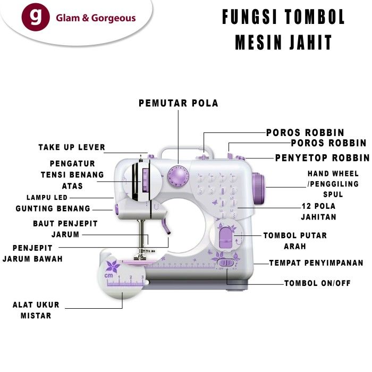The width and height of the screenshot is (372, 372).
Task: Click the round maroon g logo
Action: tap(36, 18)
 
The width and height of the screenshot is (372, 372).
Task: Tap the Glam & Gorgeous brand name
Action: tap(96, 18)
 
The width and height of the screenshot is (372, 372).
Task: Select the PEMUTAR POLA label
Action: tap(179, 103)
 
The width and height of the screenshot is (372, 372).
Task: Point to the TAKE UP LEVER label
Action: tap(72, 147)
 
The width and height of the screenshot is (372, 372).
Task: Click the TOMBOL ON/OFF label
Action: tap(317, 283)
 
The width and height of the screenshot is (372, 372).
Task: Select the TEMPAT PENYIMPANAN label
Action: tap(316, 263)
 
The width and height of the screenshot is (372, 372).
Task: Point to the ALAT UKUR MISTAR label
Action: tap(36, 310)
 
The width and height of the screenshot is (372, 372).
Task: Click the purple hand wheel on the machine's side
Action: tap(259, 187)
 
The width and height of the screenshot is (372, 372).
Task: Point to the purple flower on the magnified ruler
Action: tap(112, 266)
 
